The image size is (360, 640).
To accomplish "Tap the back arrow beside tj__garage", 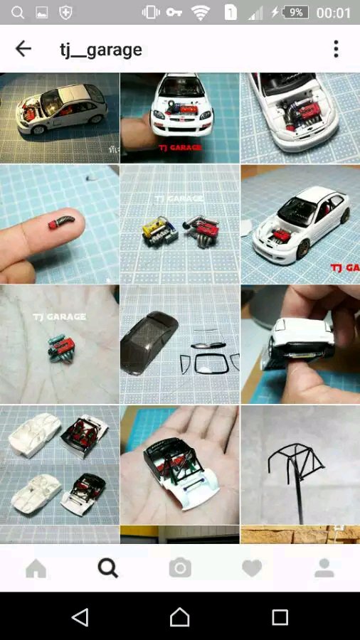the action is (x=23, y=49).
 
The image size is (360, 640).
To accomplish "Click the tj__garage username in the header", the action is (x=101, y=50).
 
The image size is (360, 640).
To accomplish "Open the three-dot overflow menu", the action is (x=336, y=49).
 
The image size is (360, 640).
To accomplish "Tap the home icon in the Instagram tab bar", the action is (x=36, y=568).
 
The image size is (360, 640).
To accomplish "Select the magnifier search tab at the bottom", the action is (x=107, y=568).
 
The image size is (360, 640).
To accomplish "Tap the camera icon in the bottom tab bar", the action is (x=180, y=568).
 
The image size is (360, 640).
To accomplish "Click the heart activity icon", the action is (x=252, y=568).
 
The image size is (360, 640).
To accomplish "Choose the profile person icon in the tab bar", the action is (x=324, y=568).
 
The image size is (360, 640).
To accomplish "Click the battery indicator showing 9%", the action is (x=295, y=13).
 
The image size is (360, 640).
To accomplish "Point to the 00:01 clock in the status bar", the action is (x=334, y=13).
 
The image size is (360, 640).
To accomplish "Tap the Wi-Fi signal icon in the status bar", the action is (x=201, y=13).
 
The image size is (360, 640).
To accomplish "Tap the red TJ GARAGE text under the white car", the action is (x=180, y=147).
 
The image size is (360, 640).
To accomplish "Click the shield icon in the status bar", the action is (x=65, y=13).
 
